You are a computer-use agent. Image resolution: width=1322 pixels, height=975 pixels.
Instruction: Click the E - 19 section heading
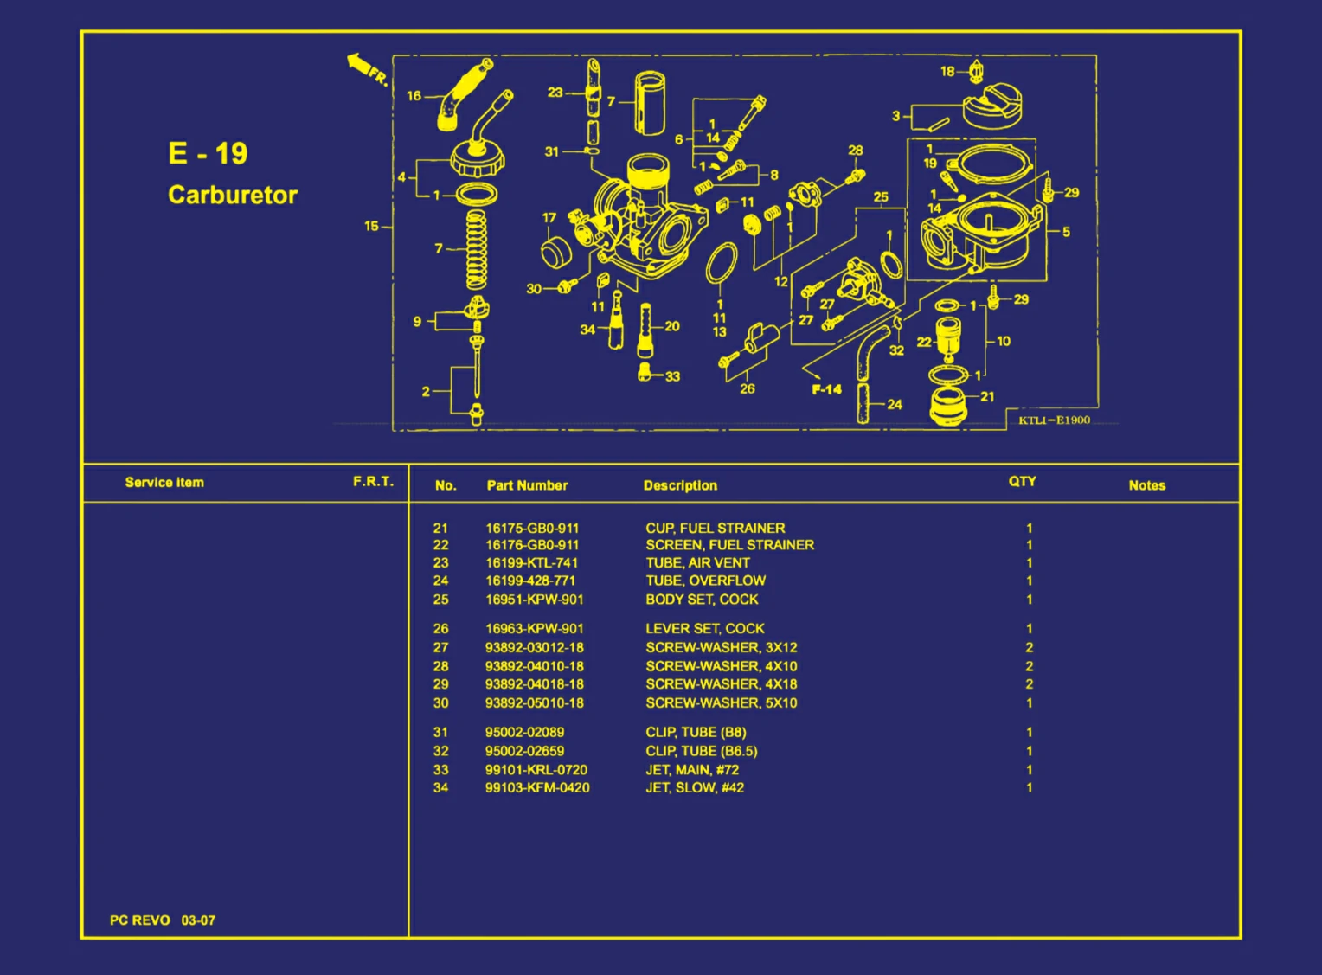tap(208, 153)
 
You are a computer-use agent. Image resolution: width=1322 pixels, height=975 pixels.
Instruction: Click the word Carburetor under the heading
tap(232, 195)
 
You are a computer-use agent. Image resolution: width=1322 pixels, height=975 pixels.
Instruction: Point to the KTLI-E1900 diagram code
tap(1054, 420)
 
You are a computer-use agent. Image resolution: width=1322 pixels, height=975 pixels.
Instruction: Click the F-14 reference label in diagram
tap(826, 389)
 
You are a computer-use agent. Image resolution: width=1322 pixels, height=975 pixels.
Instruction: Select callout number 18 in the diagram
tap(947, 72)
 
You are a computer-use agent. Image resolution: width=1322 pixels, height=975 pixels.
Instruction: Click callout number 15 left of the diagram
tap(371, 226)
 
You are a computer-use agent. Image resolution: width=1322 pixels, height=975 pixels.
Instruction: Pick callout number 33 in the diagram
tap(672, 376)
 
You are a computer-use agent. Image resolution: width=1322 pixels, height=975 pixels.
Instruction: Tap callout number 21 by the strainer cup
tap(987, 396)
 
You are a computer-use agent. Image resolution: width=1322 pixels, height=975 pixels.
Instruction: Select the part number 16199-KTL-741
tap(531, 562)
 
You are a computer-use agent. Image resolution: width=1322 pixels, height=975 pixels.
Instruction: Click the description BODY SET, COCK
tap(702, 600)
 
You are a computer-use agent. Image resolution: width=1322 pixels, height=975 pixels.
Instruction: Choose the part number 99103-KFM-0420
tap(537, 788)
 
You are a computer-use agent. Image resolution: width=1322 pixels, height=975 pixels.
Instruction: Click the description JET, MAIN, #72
tap(692, 770)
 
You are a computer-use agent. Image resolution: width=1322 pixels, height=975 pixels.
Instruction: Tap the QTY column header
tap(1022, 481)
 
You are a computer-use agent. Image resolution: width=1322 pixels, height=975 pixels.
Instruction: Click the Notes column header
tap(1146, 485)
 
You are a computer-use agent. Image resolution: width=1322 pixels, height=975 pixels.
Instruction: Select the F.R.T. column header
tap(373, 481)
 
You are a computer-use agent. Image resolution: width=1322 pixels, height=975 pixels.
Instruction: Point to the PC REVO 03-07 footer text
tap(163, 920)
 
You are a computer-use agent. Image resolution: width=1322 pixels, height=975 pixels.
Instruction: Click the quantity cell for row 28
tap(1029, 666)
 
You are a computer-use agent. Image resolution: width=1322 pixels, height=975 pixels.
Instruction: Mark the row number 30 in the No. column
tap(441, 703)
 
